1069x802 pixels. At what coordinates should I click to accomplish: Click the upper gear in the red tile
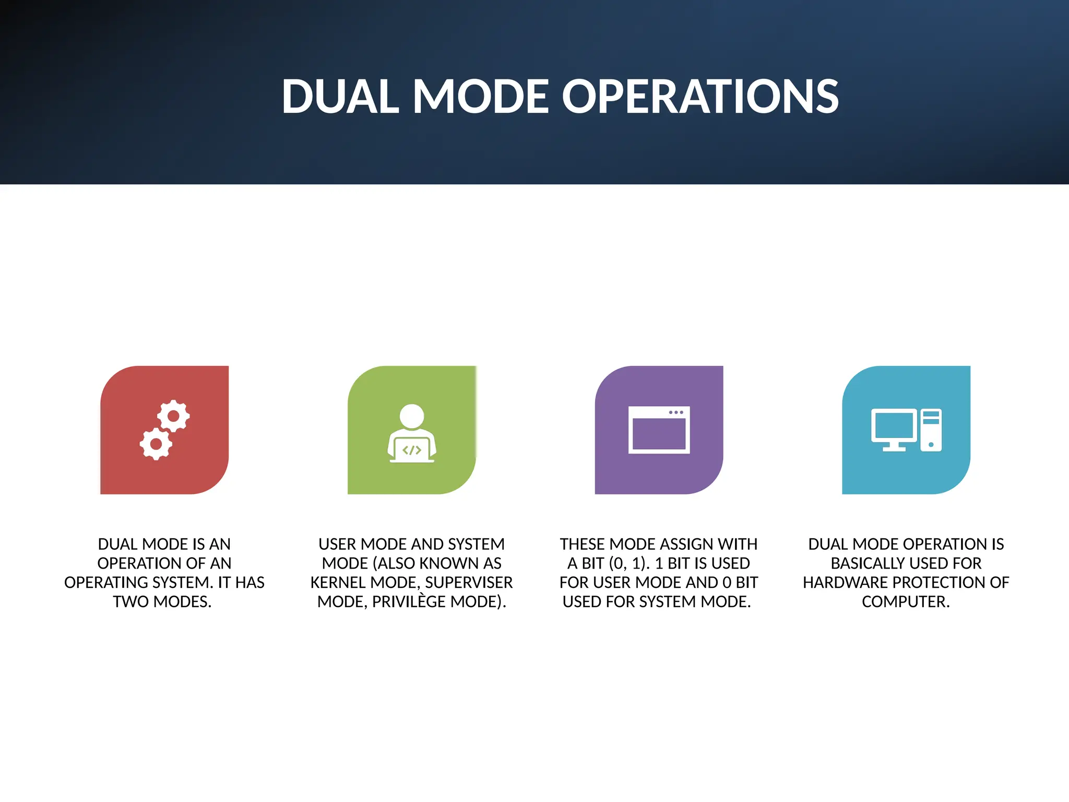(173, 416)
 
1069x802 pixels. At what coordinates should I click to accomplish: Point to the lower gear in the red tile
(156, 444)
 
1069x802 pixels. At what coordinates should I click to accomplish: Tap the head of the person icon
(412, 416)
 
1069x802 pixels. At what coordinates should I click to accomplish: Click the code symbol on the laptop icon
(412, 450)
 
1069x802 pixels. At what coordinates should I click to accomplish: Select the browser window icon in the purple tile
(659, 430)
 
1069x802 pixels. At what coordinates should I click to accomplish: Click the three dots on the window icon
(676, 412)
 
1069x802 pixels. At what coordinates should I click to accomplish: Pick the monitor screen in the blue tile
(894, 426)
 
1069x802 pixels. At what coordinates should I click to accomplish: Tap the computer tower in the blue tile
(931, 430)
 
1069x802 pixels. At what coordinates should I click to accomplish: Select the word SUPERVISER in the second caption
(469, 583)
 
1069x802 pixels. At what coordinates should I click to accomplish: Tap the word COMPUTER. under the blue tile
(906, 601)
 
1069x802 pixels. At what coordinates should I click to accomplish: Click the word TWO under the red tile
(130, 601)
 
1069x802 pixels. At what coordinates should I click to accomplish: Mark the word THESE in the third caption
(583, 544)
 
